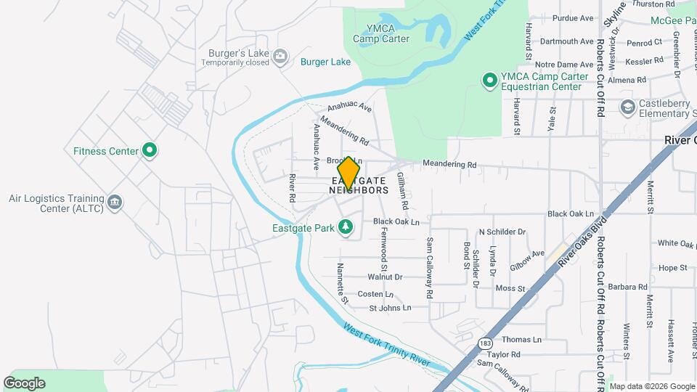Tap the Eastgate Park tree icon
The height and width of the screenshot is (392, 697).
tap(347, 228)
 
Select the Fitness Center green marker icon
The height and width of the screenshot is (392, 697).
tap(150, 151)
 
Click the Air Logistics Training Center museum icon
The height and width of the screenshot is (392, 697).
tap(115, 203)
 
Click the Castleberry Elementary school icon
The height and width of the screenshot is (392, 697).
tap(627, 108)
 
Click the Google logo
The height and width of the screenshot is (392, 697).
tap(25, 383)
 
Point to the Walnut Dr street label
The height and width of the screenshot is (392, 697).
tap(385, 277)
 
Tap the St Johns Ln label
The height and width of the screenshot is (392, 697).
tap(390, 308)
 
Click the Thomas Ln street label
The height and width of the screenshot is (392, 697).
tap(521, 340)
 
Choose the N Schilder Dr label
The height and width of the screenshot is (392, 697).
tap(502, 232)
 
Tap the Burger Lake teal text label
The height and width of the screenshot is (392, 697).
tap(325, 62)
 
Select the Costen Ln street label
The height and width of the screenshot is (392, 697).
tap(375, 294)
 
